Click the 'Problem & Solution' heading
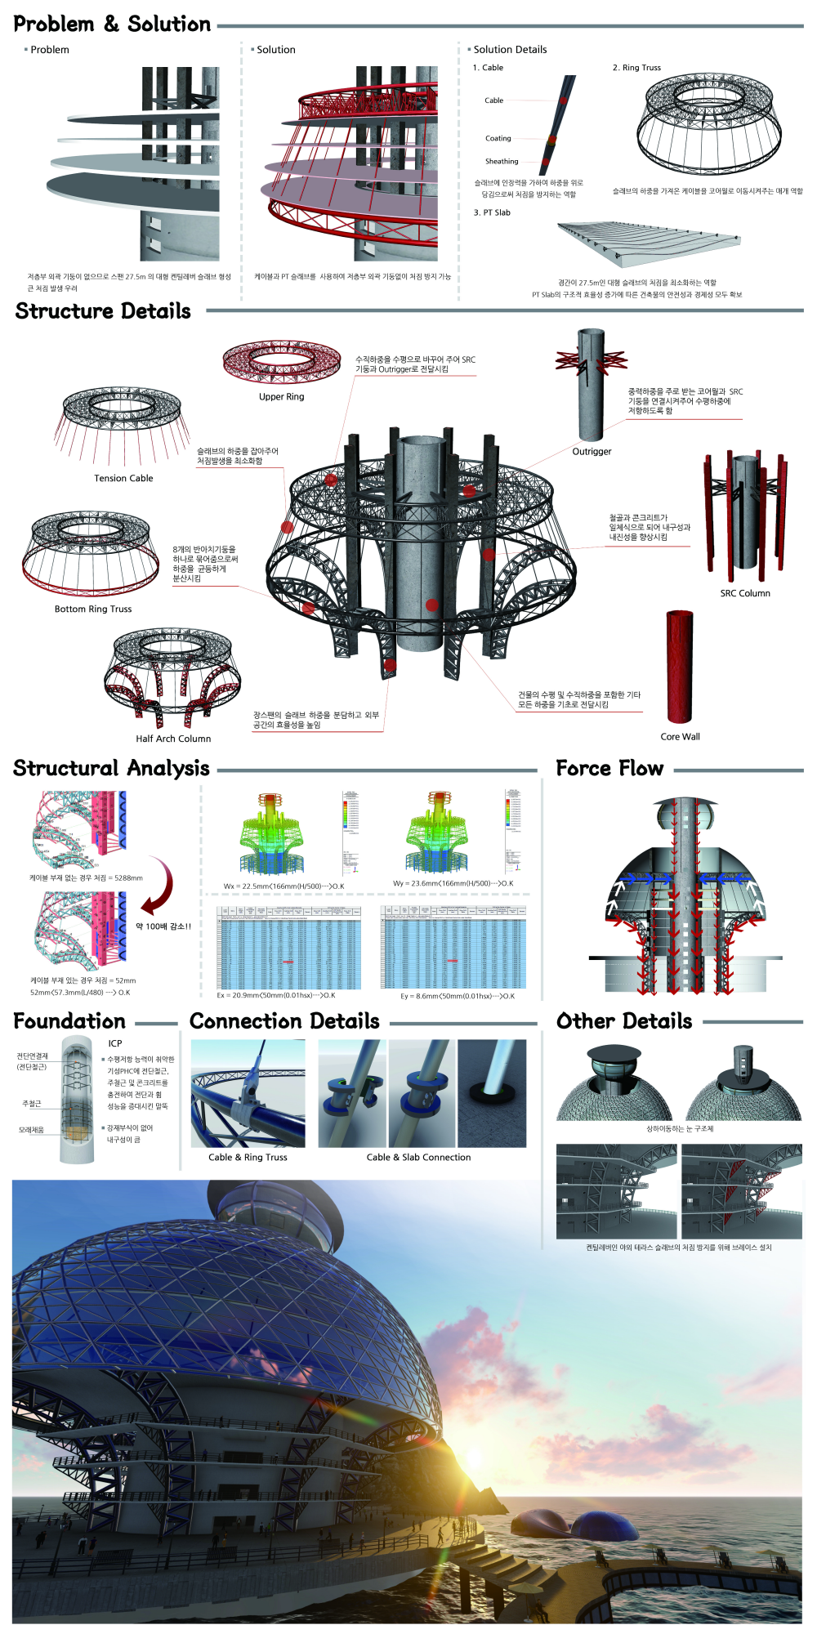(112, 25)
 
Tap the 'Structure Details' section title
(103, 311)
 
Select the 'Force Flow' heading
(609, 769)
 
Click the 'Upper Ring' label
(281, 397)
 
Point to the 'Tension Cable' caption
(123, 479)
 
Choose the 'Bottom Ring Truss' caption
(93, 609)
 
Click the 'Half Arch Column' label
(173, 739)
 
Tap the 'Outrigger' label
(592, 452)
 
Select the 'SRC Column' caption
(745, 594)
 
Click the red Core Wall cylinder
(680, 666)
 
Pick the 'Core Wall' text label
(680, 737)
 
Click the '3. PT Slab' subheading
(492, 212)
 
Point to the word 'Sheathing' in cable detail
(502, 162)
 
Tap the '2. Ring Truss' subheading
(636, 68)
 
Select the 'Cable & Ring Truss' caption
(248, 1158)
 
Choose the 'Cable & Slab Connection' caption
(418, 1158)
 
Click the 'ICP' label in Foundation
(115, 1043)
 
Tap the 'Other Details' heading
(624, 1022)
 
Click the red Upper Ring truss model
(282, 362)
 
